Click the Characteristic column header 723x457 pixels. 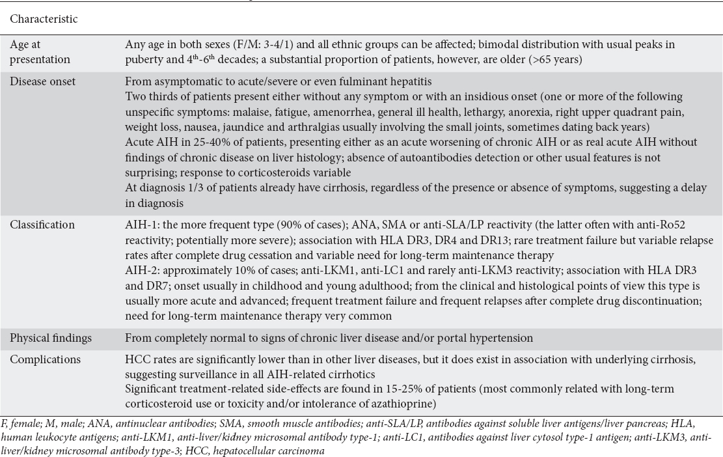[x=43, y=19]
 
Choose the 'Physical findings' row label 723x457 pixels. [x=50, y=338]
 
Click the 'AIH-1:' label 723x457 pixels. [x=141, y=225]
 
